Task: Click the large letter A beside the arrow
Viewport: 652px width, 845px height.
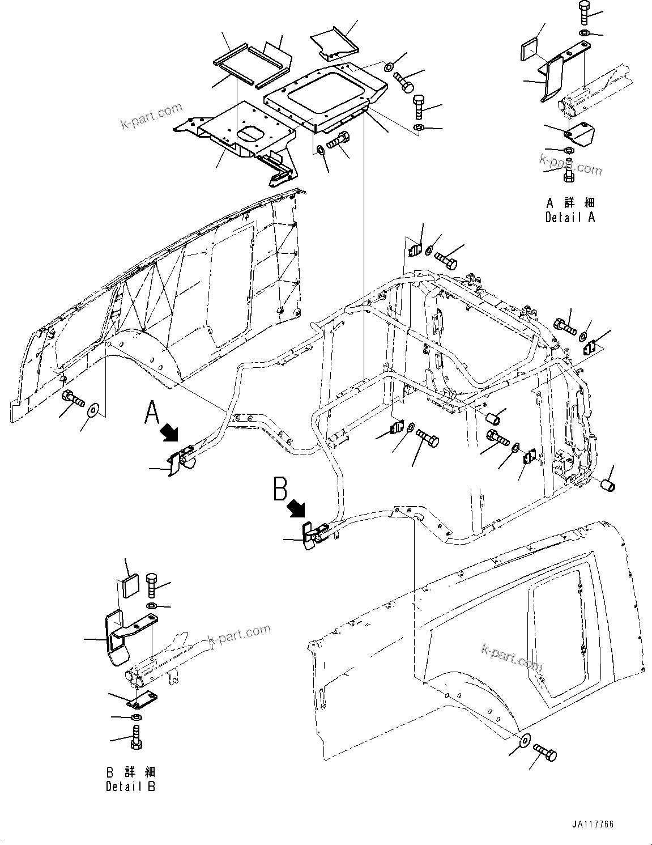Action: point(152,412)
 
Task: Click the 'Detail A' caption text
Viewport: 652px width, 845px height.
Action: point(570,217)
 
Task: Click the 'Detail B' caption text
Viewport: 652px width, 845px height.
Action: point(131,786)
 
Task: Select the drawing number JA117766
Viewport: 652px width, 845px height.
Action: point(593,824)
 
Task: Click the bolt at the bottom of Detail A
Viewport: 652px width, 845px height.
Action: point(569,171)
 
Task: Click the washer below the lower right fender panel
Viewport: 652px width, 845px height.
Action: point(524,741)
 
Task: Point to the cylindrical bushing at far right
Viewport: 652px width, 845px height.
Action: point(607,486)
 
